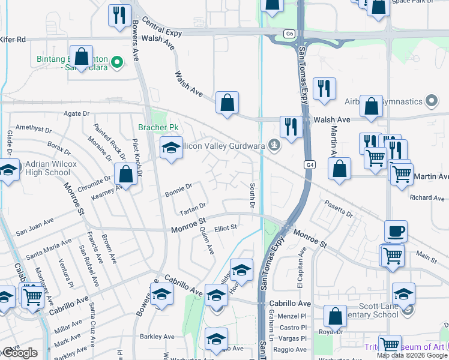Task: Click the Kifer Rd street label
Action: [13, 40]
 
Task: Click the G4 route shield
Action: [309, 164]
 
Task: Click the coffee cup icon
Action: [396, 232]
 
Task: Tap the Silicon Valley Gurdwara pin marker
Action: [274, 145]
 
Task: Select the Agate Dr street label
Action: [77, 113]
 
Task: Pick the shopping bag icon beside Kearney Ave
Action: [126, 175]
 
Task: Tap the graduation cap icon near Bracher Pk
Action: [171, 148]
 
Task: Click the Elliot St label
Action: [226, 227]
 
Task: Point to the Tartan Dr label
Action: [193, 209]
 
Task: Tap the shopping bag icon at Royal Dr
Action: [335, 316]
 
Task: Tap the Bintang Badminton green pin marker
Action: [119, 61]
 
